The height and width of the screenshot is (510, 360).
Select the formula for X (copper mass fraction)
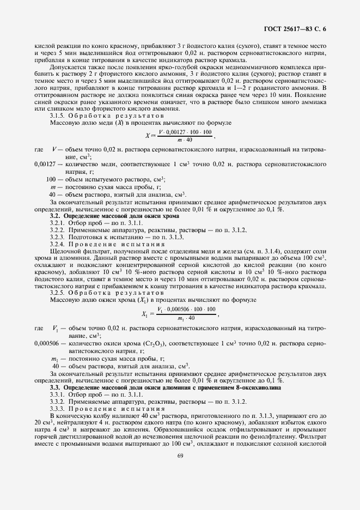click(x=180, y=137)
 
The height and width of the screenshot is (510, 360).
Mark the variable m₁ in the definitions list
click(x=54, y=359)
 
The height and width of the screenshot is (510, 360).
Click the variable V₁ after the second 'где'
click(x=55, y=329)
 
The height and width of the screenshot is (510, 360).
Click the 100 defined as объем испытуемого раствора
click(x=51, y=179)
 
